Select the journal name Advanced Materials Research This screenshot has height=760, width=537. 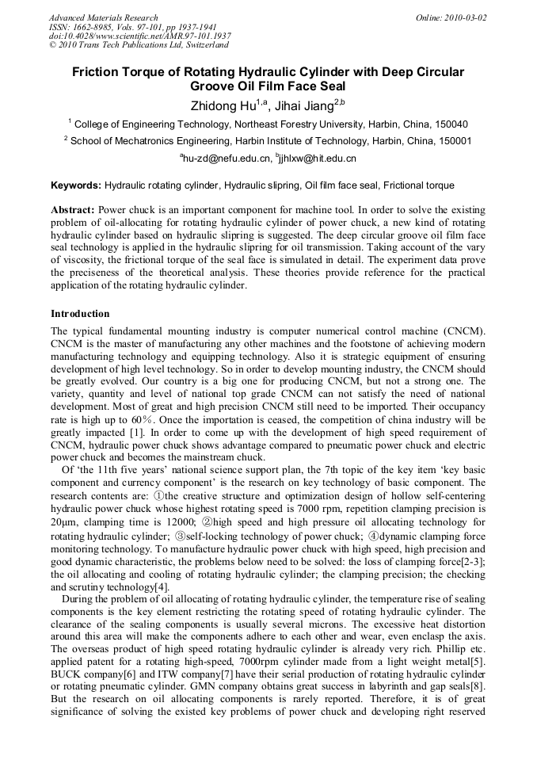103,17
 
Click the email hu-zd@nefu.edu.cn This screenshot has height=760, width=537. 227,158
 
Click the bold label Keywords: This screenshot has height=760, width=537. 76,185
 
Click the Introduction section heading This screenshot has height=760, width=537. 80,314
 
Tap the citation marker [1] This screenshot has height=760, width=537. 137,433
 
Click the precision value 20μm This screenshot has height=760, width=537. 62,523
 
